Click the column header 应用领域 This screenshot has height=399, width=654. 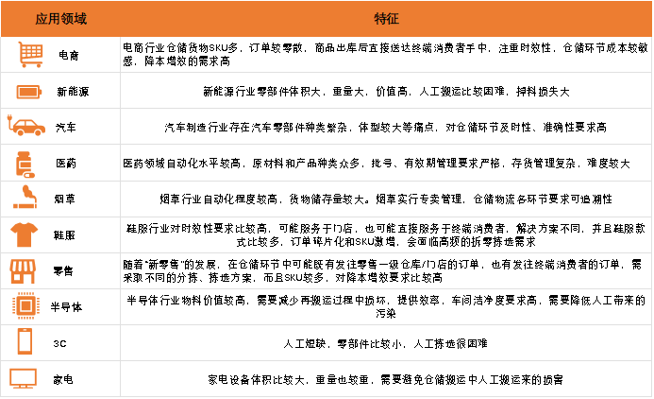pyautogui.click(x=61, y=19)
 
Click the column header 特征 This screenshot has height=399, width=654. pyautogui.click(x=386, y=19)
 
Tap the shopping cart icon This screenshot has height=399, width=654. pyautogui.click(x=30, y=54)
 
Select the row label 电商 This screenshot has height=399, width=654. pyautogui.click(x=68, y=55)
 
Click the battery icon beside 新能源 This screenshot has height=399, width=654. pyautogui.click(x=28, y=92)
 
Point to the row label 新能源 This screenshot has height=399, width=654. pyautogui.click(x=73, y=92)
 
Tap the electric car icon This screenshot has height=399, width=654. pyautogui.click(x=26, y=126)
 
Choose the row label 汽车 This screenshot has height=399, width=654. pyautogui.click(x=66, y=128)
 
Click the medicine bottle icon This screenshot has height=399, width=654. pyautogui.click(x=25, y=165)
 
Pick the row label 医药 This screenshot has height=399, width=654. pyautogui.click(x=66, y=164)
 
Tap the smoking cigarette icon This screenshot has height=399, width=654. pyautogui.click(x=25, y=198)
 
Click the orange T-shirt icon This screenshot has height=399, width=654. pyautogui.click(x=25, y=234)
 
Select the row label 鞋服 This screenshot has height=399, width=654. pyautogui.click(x=64, y=235)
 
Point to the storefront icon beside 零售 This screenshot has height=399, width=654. pyautogui.click(x=23, y=271)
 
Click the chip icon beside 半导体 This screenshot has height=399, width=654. pyautogui.click(x=25, y=306)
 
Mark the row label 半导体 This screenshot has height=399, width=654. pyautogui.click(x=66, y=307)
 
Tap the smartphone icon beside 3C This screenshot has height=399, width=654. pyautogui.click(x=25, y=341)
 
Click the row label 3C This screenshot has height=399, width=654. pyautogui.click(x=59, y=343)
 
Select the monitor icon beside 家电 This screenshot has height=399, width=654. pyautogui.click(x=23, y=378)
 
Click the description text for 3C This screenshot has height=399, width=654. pyautogui.click(x=385, y=343)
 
